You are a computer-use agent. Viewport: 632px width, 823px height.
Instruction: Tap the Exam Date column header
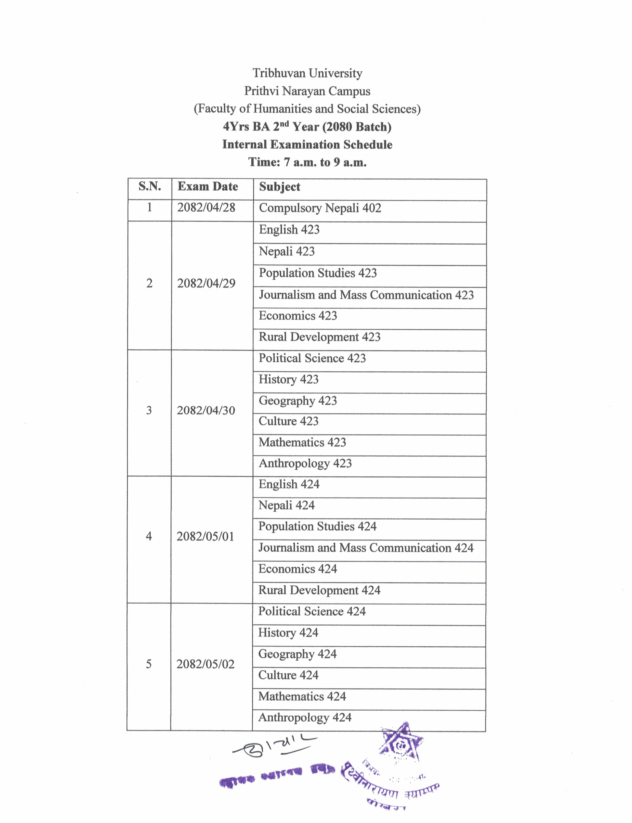point(208,187)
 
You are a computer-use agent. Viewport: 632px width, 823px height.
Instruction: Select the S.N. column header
point(150,186)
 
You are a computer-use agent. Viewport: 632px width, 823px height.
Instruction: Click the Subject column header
point(279,187)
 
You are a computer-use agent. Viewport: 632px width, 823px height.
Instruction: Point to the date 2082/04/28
point(206,208)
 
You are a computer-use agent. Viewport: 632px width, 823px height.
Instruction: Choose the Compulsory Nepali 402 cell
point(320,208)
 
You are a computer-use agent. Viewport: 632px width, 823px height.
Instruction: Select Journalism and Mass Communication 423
point(366,295)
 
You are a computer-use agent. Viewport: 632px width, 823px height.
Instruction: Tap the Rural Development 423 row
point(319,337)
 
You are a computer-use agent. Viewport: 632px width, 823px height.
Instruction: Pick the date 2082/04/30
point(206,410)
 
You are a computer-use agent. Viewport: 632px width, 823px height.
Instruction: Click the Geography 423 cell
point(298,401)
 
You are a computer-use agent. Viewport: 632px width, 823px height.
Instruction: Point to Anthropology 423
point(305,463)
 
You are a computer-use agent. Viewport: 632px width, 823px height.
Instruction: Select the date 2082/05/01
point(205,536)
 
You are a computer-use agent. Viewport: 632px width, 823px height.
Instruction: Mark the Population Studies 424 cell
point(317,527)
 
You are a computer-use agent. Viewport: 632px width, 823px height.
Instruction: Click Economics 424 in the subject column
point(298,569)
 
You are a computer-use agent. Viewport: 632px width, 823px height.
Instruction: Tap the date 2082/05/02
point(205,664)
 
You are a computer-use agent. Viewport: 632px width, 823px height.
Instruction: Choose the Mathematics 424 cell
point(302,696)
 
